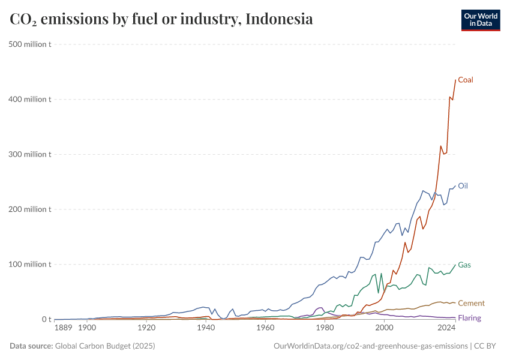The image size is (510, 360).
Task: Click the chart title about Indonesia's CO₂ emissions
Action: [x=161, y=19]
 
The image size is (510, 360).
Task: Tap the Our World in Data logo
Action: [x=480, y=20]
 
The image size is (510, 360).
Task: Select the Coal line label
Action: [x=466, y=80]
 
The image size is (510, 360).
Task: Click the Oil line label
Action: [x=463, y=186]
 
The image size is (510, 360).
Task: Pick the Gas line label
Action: [x=464, y=265]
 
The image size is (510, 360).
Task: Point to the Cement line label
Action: [x=471, y=304]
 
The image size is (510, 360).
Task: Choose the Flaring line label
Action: [x=469, y=318]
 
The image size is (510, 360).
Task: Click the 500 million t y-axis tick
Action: [x=29, y=44]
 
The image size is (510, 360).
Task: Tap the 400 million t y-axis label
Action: [x=29, y=99]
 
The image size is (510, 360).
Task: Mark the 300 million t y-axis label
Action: [x=29, y=154]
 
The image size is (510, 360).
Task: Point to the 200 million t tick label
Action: [x=29, y=209]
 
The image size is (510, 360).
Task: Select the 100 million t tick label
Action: [x=29, y=265]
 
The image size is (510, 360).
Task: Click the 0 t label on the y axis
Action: [x=46, y=320]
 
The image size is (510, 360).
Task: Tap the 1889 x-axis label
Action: [x=63, y=328]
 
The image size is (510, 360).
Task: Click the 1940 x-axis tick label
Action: [x=206, y=328]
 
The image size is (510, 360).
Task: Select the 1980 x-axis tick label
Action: [x=325, y=328]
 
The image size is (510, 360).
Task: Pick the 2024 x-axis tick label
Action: [x=446, y=328]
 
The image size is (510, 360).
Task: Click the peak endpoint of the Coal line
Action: [x=455, y=80]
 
